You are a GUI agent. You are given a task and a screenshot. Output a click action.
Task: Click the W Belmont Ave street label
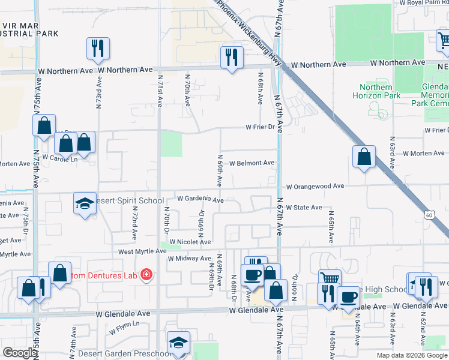point(252,163)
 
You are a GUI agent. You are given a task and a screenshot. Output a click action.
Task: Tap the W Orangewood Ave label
point(314,187)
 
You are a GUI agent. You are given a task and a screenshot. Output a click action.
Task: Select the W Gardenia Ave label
point(200,199)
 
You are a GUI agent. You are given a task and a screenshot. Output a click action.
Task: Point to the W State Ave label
point(304,208)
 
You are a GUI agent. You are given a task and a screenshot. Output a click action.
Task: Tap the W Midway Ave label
point(187,259)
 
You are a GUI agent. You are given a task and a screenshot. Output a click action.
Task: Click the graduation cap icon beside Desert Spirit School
point(85,203)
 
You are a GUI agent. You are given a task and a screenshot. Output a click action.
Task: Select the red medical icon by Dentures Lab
point(145,275)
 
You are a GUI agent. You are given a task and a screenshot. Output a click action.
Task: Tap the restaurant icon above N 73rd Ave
point(98,48)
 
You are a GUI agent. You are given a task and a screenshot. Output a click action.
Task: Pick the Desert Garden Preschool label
point(137,353)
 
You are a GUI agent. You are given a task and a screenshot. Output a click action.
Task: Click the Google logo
point(20,353)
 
